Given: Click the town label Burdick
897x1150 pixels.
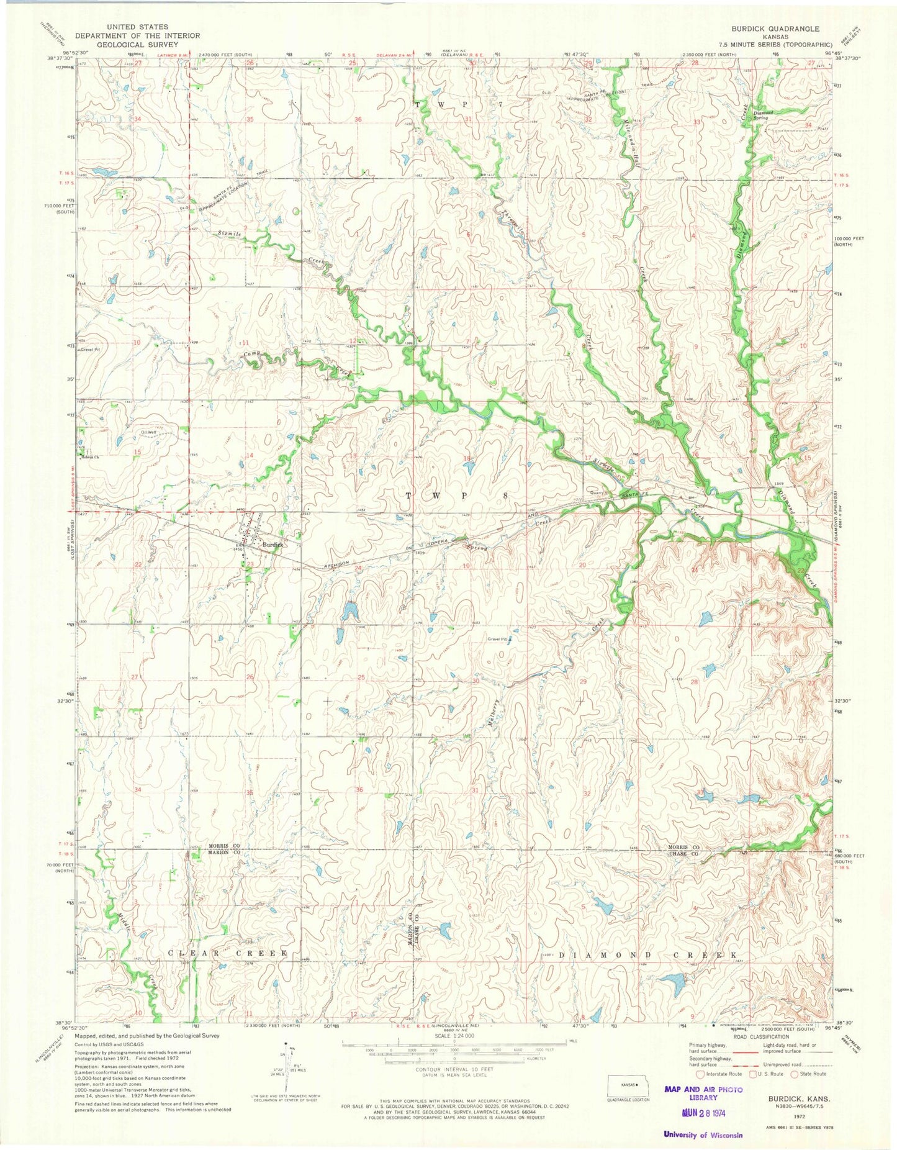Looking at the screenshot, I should (273, 545).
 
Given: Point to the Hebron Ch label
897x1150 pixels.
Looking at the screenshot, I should (91, 457).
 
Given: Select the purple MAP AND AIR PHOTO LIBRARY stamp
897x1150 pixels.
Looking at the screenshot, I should (703, 1093).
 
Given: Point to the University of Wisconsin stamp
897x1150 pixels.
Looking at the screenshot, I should (703, 1134).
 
